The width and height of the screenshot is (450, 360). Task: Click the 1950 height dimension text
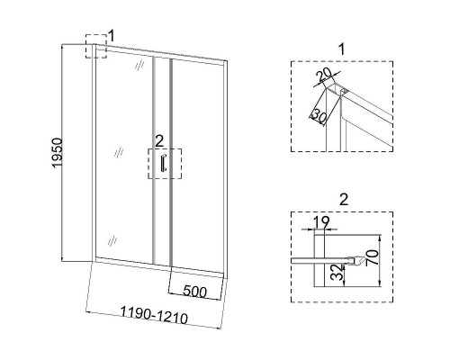(58, 153)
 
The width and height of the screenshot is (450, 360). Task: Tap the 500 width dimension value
(195, 292)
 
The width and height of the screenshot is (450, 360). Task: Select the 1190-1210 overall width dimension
(154, 315)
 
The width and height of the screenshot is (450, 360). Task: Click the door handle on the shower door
(163, 163)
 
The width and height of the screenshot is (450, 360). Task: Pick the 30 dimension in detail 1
(319, 116)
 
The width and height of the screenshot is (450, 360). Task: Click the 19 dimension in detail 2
(321, 222)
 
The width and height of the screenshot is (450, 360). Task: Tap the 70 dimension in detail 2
(373, 257)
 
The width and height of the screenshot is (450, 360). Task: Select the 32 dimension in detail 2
(337, 272)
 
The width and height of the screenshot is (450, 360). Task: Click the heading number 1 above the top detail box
(342, 49)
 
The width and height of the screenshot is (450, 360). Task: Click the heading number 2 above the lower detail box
(344, 200)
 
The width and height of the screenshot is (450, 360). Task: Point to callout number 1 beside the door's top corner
(112, 36)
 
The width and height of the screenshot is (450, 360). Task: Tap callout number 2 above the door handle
(159, 141)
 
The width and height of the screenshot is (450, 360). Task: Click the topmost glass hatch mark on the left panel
(139, 66)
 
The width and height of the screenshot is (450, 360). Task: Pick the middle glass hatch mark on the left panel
(119, 153)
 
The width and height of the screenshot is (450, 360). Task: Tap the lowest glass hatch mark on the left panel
(112, 241)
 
